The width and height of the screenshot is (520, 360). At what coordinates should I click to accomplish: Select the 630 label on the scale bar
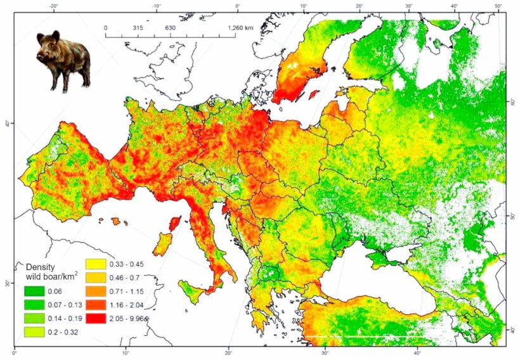(169, 28)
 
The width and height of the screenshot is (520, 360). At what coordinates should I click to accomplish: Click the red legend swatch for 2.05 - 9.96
(96, 318)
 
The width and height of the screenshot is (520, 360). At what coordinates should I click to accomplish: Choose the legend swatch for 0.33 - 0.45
(96, 264)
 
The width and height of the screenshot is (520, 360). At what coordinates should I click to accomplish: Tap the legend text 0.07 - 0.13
(70, 305)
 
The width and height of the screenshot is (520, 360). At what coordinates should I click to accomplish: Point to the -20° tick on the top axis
(55, 6)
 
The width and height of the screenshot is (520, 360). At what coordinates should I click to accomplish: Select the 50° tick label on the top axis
(498, 6)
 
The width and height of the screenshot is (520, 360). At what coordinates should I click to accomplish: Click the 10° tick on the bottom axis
(126, 352)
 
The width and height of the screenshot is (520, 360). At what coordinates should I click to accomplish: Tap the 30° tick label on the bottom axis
(325, 352)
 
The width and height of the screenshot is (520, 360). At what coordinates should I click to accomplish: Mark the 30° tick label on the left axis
(6, 283)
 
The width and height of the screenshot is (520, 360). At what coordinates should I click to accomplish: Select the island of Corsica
(172, 223)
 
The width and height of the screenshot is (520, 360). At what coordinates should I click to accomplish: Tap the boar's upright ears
(53, 35)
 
